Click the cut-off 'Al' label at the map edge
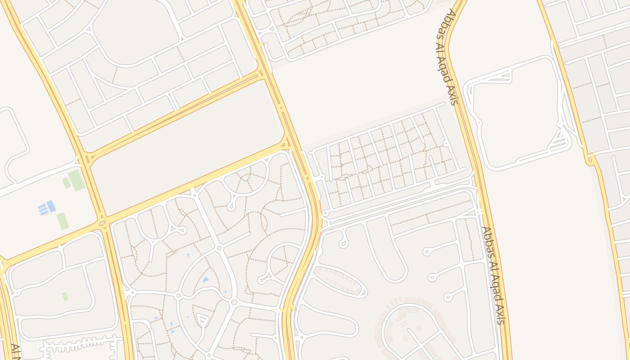[x=15, y=352]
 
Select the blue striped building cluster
[x=47, y=208]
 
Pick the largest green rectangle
[x=76, y=180]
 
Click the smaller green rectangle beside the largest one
[x=66, y=183]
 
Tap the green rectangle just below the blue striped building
[x=63, y=221]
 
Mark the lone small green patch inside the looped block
[x=65, y=296]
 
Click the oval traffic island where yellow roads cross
[x=102, y=223]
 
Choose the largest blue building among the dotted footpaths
[x=205, y=280]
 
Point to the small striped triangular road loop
[x=202, y=320]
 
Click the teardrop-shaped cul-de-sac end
[x=343, y=243]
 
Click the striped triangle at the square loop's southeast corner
[x=559, y=137]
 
